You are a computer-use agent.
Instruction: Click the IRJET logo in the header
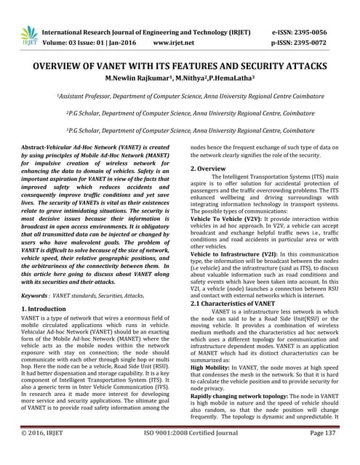coord(29,35)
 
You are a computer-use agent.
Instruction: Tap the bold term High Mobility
coord(212,367)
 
